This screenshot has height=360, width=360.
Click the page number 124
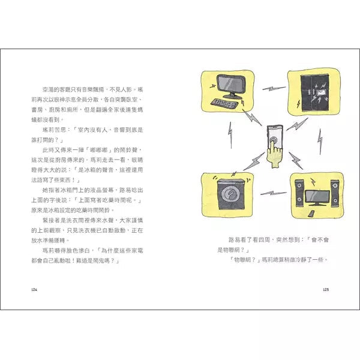34,290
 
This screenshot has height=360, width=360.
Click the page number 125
326,290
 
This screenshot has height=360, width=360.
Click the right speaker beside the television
334,193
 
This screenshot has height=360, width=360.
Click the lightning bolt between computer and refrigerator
275,89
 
